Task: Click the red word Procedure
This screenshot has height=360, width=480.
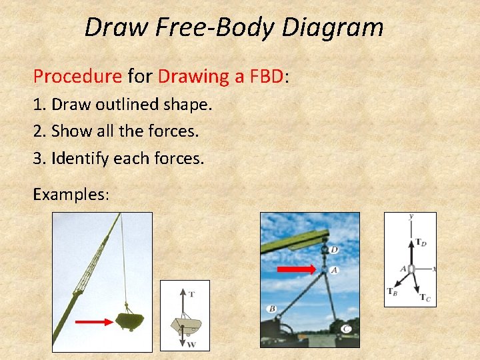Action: [x=77, y=77]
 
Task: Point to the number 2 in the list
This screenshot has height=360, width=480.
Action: [x=38, y=131]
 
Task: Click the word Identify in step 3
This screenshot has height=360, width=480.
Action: [x=81, y=159]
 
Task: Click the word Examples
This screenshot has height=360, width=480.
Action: [x=71, y=194]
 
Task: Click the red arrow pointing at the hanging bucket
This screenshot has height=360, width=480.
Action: [x=93, y=321]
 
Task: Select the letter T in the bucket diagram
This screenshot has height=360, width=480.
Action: [x=191, y=294]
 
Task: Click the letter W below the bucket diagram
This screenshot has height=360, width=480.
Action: [x=191, y=344]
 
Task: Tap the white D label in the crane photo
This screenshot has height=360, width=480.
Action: [x=334, y=250]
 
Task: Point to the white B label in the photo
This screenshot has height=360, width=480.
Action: [x=272, y=309]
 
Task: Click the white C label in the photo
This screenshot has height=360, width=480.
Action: [x=347, y=329]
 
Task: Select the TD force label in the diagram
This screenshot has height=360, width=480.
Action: [x=421, y=243]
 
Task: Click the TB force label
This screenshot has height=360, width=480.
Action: [x=393, y=291]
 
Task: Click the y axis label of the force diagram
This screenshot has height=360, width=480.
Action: [x=411, y=217]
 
